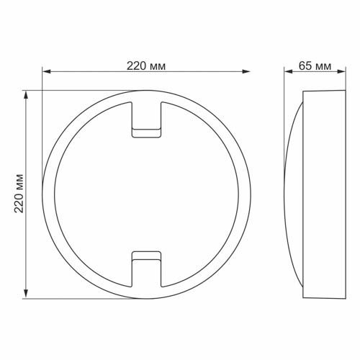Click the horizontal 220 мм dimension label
pyautogui.click(x=146, y=66)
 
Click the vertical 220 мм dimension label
pyautogui.click(x=19, y=194)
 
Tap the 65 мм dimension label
pyautogui.click(x=315, y=66)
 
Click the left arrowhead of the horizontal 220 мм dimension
pyautogui.click(x=47, y=71)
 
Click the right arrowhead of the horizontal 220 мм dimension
pyautogui.click(x=246, y=71)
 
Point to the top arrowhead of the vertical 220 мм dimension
pyautogui.click(x=26, y=95)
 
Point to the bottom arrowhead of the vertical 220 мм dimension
pyautogui.click(x=26, y=294)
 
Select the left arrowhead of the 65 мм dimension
pyautogui.click(x=289, y=71)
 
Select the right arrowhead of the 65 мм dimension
pyautogui.click(x=341, y=71)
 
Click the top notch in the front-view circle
pyautogui.click(x=146, y=120)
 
